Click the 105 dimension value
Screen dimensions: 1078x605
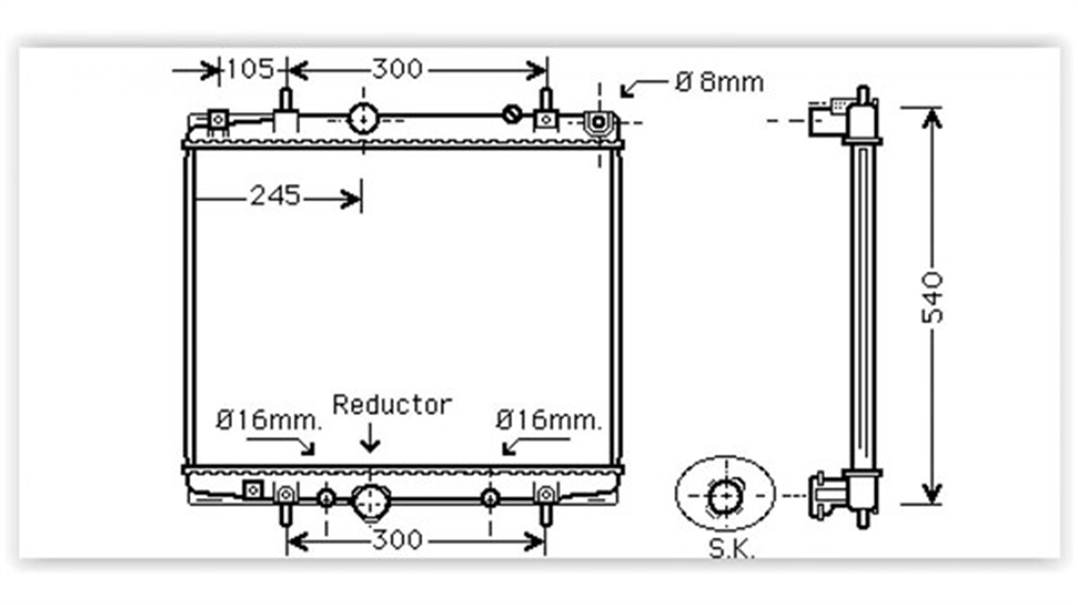[250, 69]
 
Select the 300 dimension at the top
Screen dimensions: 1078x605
[397, 69]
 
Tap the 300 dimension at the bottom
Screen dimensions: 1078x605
[397, 539]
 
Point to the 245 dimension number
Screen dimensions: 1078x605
[275, 197]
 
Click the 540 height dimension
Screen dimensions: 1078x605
[932, 297]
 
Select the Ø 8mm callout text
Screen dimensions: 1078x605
[720, 83]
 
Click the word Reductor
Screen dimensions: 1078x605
[393, 405]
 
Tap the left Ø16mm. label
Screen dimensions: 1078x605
[269, 420]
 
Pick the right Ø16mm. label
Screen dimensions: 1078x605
[549, 420]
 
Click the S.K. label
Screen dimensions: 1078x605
[731, 548]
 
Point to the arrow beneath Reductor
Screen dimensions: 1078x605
[369, 438]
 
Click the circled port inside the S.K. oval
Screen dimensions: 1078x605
[725, 496]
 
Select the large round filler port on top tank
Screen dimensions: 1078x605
[363, 118]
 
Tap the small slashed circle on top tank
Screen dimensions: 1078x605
[512, 115]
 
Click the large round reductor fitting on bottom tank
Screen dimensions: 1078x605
[370, 502]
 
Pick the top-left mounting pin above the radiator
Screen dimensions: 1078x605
[286, 99]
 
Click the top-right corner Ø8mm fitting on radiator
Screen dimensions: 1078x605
[599, 122]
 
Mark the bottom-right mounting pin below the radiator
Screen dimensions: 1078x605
[545, 514]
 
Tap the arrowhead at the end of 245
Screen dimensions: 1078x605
[351, 198]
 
